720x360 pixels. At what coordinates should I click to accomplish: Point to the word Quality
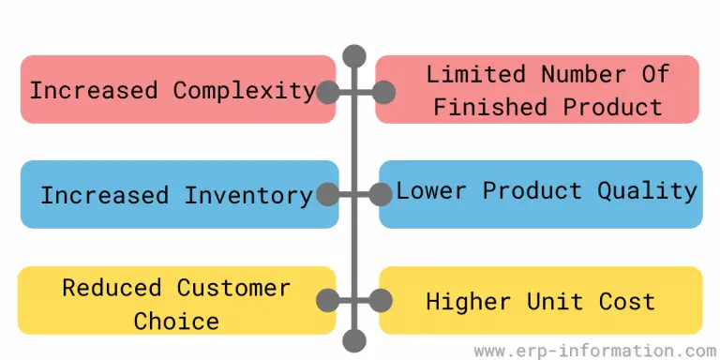648,190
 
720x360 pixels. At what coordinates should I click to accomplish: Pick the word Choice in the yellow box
176,321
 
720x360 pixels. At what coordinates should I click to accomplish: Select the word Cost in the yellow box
628,302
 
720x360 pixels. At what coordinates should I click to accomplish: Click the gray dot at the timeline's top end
354,55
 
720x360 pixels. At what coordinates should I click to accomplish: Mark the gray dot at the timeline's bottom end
354,339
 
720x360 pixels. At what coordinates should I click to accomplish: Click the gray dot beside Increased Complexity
327,92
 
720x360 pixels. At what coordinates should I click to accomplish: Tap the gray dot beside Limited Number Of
382,92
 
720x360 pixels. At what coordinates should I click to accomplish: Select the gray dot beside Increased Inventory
327,195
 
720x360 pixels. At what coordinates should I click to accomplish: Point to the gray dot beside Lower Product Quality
382,195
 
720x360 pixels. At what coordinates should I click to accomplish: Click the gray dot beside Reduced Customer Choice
327,301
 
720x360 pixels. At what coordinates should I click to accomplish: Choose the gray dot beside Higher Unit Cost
382,301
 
